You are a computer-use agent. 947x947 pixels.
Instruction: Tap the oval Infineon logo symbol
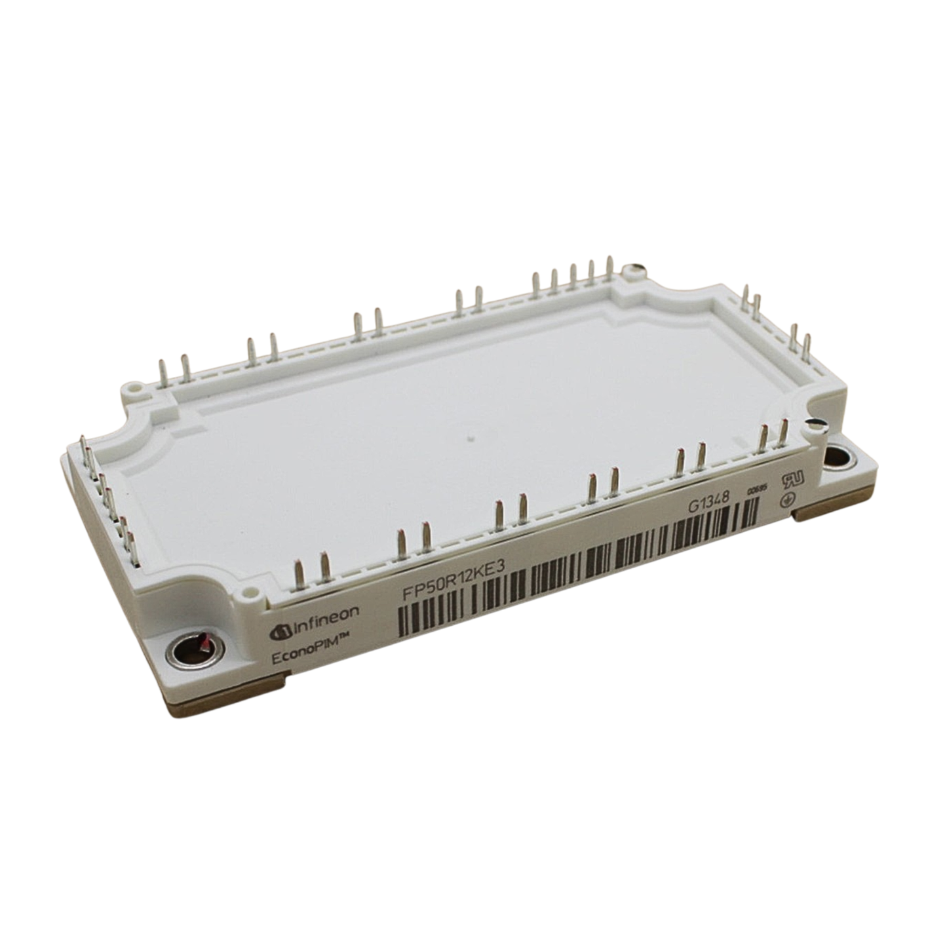[280, 631]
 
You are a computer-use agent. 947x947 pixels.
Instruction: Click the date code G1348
[708, 505]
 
